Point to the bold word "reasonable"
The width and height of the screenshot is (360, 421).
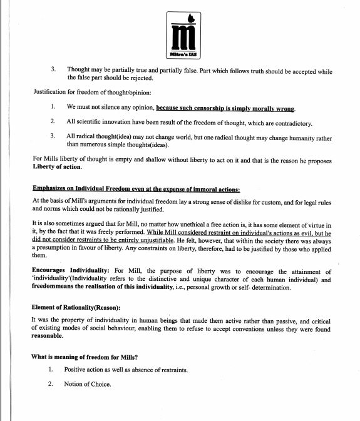tap(48, 336)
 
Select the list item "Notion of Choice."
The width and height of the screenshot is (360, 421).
tap(87, 383)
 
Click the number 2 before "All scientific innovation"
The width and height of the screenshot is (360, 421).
tap(53, 121)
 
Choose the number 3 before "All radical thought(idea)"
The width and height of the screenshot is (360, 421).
tap(53, 136)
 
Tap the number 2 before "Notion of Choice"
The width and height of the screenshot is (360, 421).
tap(50, 383)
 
